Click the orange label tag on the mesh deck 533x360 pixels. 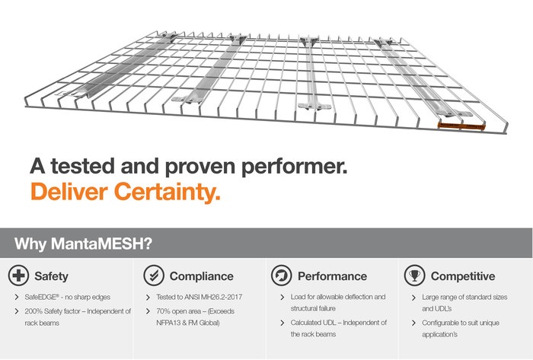(x=461, y=126)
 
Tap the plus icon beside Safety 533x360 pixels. (x=18, y=276)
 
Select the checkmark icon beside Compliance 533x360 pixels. (x=154, y=276)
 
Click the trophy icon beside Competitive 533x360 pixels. (x=414, y=276)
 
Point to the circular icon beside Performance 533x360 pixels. (x=282, y=276)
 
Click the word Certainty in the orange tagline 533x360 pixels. (x=168, y=192)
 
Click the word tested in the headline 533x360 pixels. (x=82, y=166)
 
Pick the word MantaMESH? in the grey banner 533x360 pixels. (x=101, y=244)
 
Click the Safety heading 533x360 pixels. (x=51, y=276)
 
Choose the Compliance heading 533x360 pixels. (x=202, y=276)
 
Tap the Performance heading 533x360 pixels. (x=333, y=276)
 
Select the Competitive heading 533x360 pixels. (x=463, y=276)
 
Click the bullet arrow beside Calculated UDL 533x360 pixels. (x=282, y=323)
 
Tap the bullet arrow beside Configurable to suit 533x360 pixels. (x=413, y=323)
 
